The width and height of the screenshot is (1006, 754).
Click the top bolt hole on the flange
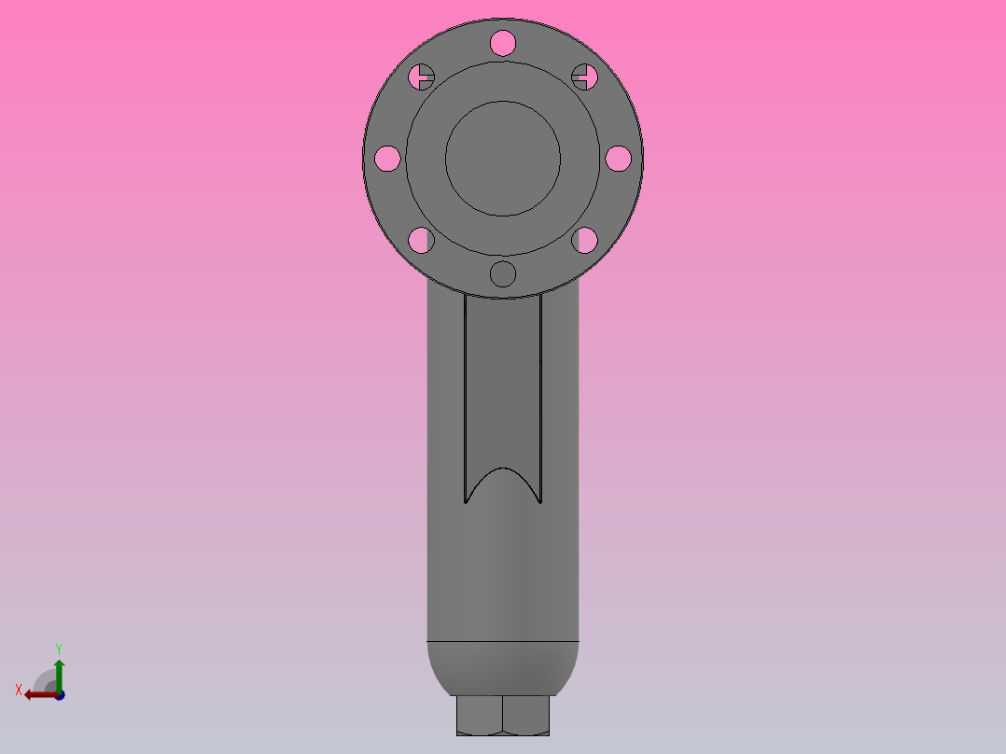coord(502,42)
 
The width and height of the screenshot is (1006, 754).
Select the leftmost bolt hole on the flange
coord(387,159)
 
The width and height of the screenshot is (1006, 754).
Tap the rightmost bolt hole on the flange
coord(618,159)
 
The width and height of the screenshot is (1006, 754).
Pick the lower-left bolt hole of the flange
coord(421,241)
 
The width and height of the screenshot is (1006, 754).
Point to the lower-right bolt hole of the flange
coord(584,241)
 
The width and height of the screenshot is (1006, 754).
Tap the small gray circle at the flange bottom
coord(502,274)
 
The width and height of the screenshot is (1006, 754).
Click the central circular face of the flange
coord(502,159)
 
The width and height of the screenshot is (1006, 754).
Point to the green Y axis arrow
coord(59,672)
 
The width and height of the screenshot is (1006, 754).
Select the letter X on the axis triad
coord(19,690)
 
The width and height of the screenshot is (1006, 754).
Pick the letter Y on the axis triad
coord(58,648)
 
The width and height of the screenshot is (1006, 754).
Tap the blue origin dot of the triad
coord(59,694)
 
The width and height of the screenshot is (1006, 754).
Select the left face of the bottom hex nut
coord(479,716)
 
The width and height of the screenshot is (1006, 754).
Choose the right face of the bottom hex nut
coord(525,716)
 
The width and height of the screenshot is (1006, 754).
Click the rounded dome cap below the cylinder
coord(502,668)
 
